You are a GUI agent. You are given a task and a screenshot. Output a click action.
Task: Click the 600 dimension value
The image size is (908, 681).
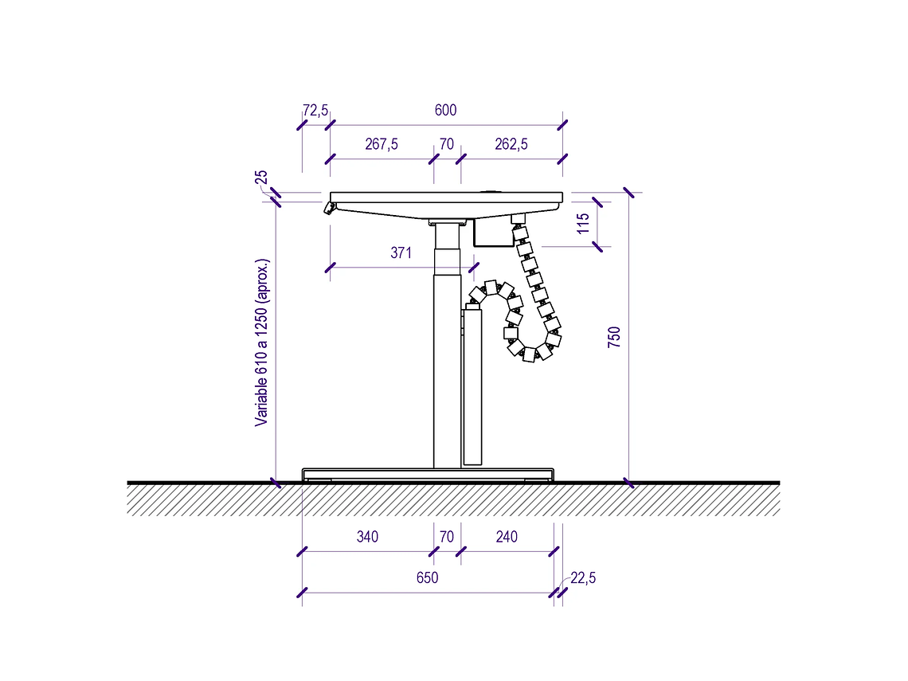[445, 110]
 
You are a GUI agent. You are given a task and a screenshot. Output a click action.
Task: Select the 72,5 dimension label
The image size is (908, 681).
[315, 111]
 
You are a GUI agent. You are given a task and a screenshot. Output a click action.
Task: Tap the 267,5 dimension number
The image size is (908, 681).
[381, 144]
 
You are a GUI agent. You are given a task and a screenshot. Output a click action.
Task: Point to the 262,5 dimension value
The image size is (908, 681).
[511, 144]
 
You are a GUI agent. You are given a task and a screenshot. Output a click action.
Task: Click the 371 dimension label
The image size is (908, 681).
[401, 253]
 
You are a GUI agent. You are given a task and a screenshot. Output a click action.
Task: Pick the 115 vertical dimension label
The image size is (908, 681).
[583, 223]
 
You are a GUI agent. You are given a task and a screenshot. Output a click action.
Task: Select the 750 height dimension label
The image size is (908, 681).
[614, 337]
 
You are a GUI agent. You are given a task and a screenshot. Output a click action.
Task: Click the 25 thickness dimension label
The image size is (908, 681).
[261, 177]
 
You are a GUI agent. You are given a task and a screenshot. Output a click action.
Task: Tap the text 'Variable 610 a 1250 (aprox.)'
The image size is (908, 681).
[262, 342]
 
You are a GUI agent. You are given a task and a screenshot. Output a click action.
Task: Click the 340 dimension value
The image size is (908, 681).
[367, 537]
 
